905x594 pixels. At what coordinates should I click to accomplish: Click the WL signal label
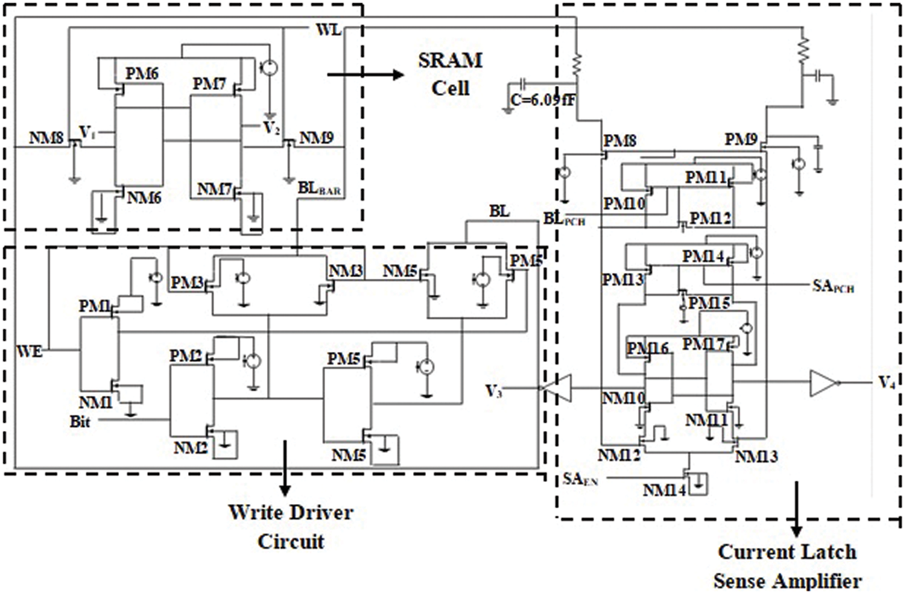(328, 29)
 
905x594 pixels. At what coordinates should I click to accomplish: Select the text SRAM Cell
(450, 74)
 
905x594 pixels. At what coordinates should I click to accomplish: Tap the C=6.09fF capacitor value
(551, 100)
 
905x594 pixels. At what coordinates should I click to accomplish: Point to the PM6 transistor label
(142, 73)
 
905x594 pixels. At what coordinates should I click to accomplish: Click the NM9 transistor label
(316, 138)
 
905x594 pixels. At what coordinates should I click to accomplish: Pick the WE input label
(30, 351)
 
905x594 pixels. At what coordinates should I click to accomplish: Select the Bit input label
(80, 422)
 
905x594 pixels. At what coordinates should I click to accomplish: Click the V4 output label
(886, 382)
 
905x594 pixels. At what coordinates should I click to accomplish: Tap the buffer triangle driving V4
(822, 383)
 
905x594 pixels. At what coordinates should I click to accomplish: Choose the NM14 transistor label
(664, 490)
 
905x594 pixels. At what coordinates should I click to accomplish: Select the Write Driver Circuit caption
(291, 527)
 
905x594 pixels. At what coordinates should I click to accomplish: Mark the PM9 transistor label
(741, 139)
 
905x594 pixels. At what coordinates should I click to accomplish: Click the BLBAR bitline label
(319, 189)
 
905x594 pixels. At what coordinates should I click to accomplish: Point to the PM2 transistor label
(186, 356)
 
